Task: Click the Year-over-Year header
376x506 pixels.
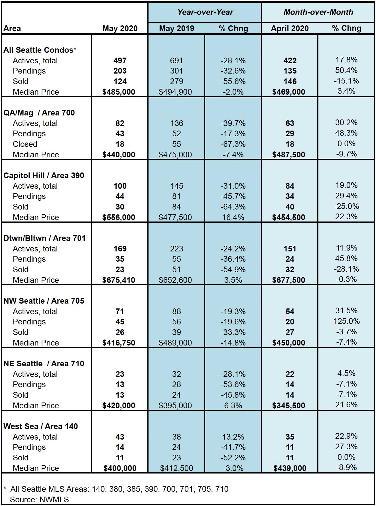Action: [x=205, y=12]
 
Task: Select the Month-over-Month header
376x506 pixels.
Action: [x=318, y=12]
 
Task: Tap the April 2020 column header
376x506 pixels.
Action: [x=290, y=29]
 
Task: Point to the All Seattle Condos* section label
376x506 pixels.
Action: [x=40, y=50]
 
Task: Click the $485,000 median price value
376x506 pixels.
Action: [x=119, y=92]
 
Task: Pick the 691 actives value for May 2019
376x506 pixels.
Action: [x=176, y=61]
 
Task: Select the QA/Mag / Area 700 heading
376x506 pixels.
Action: [x=39, y=113]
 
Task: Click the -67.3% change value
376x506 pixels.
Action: [x=233, y=144]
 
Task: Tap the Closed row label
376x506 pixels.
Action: [x=25, y=144]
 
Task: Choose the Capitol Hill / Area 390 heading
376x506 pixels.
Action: [x=44, y=176]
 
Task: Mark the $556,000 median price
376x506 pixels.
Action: [x=119, y=218]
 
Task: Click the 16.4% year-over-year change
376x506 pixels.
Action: [x=233, y=218]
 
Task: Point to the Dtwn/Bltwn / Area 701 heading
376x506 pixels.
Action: [x=44, y=238]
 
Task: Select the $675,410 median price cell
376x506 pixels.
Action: [x=119, y=280]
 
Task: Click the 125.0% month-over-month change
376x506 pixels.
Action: [x=347, y=321]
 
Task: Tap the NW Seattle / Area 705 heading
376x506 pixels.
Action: [x=44, y=301]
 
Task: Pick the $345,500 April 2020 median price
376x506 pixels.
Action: [x=289, y=406]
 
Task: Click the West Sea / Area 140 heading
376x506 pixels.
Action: [x=40, y=426]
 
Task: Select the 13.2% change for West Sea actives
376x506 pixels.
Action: [x=233, y=437]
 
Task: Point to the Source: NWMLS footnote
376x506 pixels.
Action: [x=39, y=499]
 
